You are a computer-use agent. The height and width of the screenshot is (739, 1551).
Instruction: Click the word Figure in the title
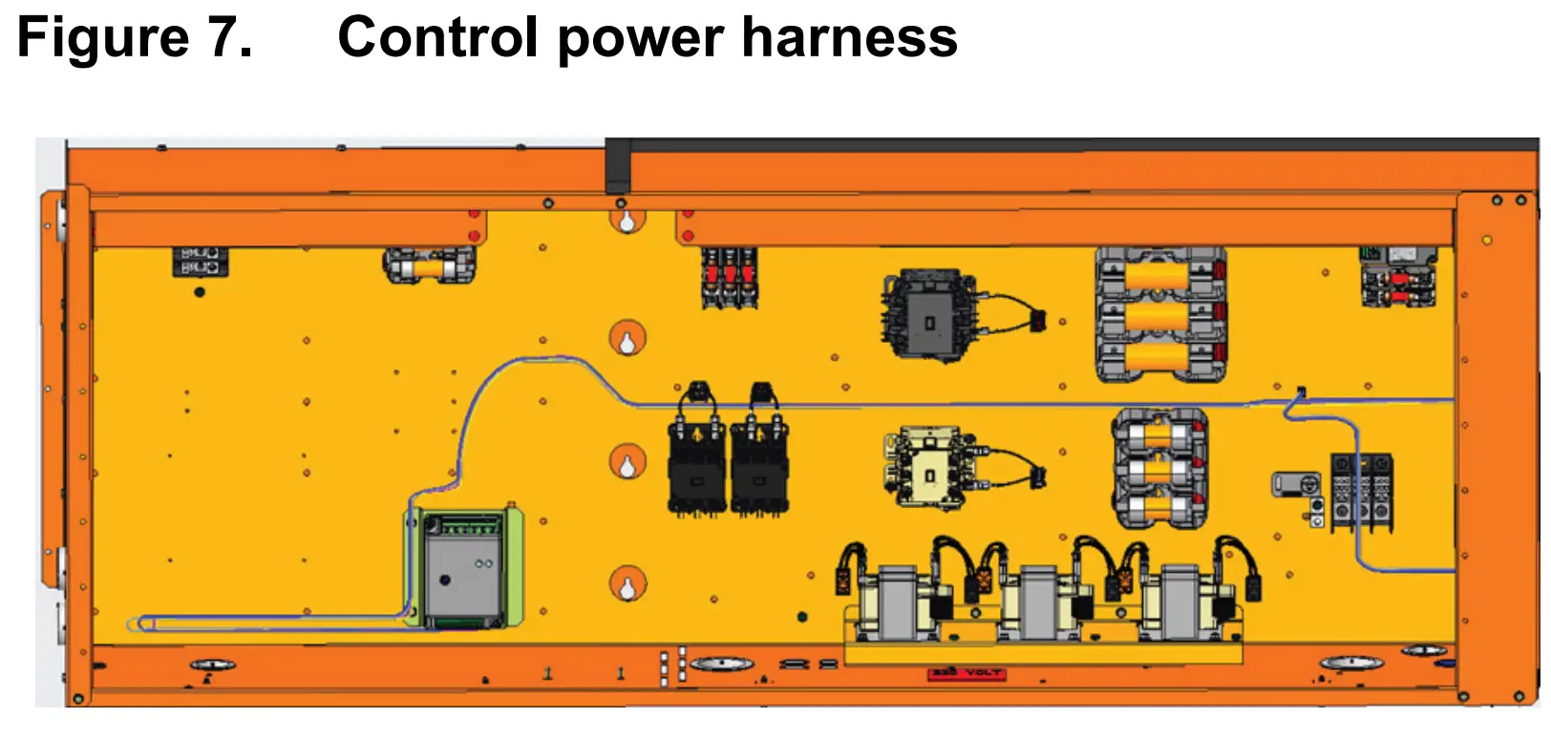coord(103,38)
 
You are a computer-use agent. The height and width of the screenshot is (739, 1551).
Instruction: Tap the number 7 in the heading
coord(229,38)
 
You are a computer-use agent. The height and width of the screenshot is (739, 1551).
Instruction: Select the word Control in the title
coord(437,38)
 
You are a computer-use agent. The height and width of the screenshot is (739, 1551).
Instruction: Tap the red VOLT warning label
coord(966,673)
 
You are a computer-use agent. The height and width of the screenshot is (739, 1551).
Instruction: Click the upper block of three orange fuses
coord(1159,315)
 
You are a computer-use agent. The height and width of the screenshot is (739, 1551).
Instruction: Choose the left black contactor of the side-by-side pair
coord(697,463)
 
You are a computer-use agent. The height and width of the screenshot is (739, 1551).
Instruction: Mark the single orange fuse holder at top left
coord(429,266)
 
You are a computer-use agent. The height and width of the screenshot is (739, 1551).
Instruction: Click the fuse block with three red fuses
coord(730,277)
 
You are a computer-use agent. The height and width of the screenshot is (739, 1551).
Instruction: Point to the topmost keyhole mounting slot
coord(627,222)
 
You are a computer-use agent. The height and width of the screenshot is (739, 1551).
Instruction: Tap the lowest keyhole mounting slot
coord(627,585)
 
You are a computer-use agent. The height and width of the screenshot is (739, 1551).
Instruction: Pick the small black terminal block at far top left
coord(200,261)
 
